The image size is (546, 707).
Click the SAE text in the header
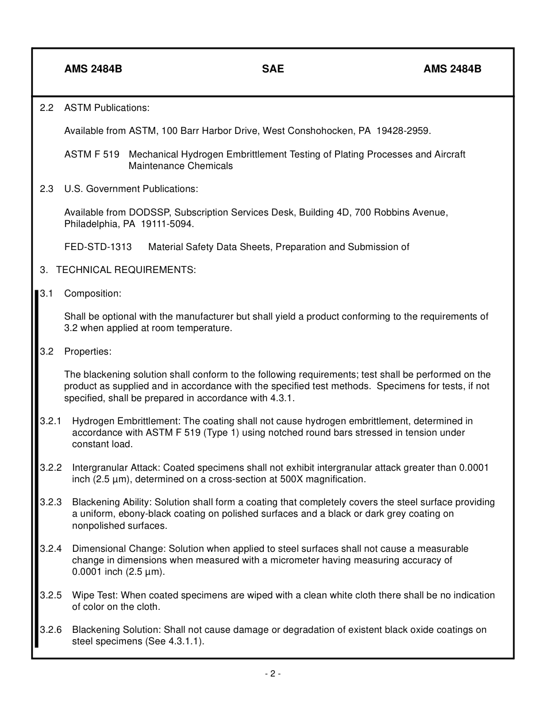[x=273, y=69]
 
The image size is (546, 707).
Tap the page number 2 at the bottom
[x=272, y=674]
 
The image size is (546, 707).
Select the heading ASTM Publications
[x=106, y=107]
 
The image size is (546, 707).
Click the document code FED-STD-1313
[x=98, y=247]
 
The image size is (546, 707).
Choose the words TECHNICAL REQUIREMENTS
[x=126, y=270]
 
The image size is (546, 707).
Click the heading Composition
[x=93, y=293]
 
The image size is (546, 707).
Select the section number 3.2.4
[x=51, y=549]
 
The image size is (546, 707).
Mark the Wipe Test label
[x=95, y=595]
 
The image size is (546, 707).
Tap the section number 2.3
[x=47, y=189]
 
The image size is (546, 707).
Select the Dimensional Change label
[x=118, y=549]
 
